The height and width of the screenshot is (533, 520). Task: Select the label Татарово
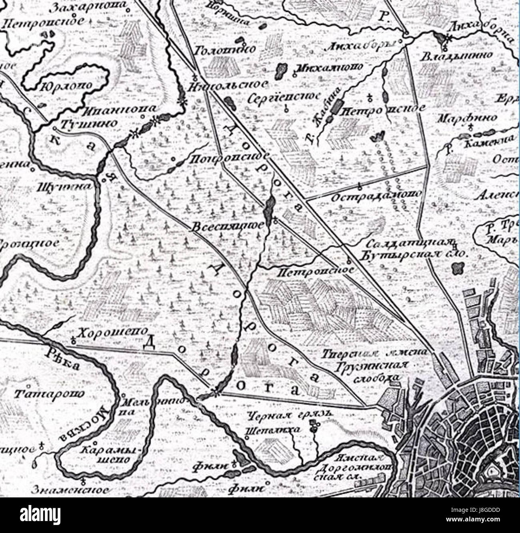tap(50, 394)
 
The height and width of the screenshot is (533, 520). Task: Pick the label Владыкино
tap(456, 56)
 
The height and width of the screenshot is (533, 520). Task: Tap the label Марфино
tap(467, 118)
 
